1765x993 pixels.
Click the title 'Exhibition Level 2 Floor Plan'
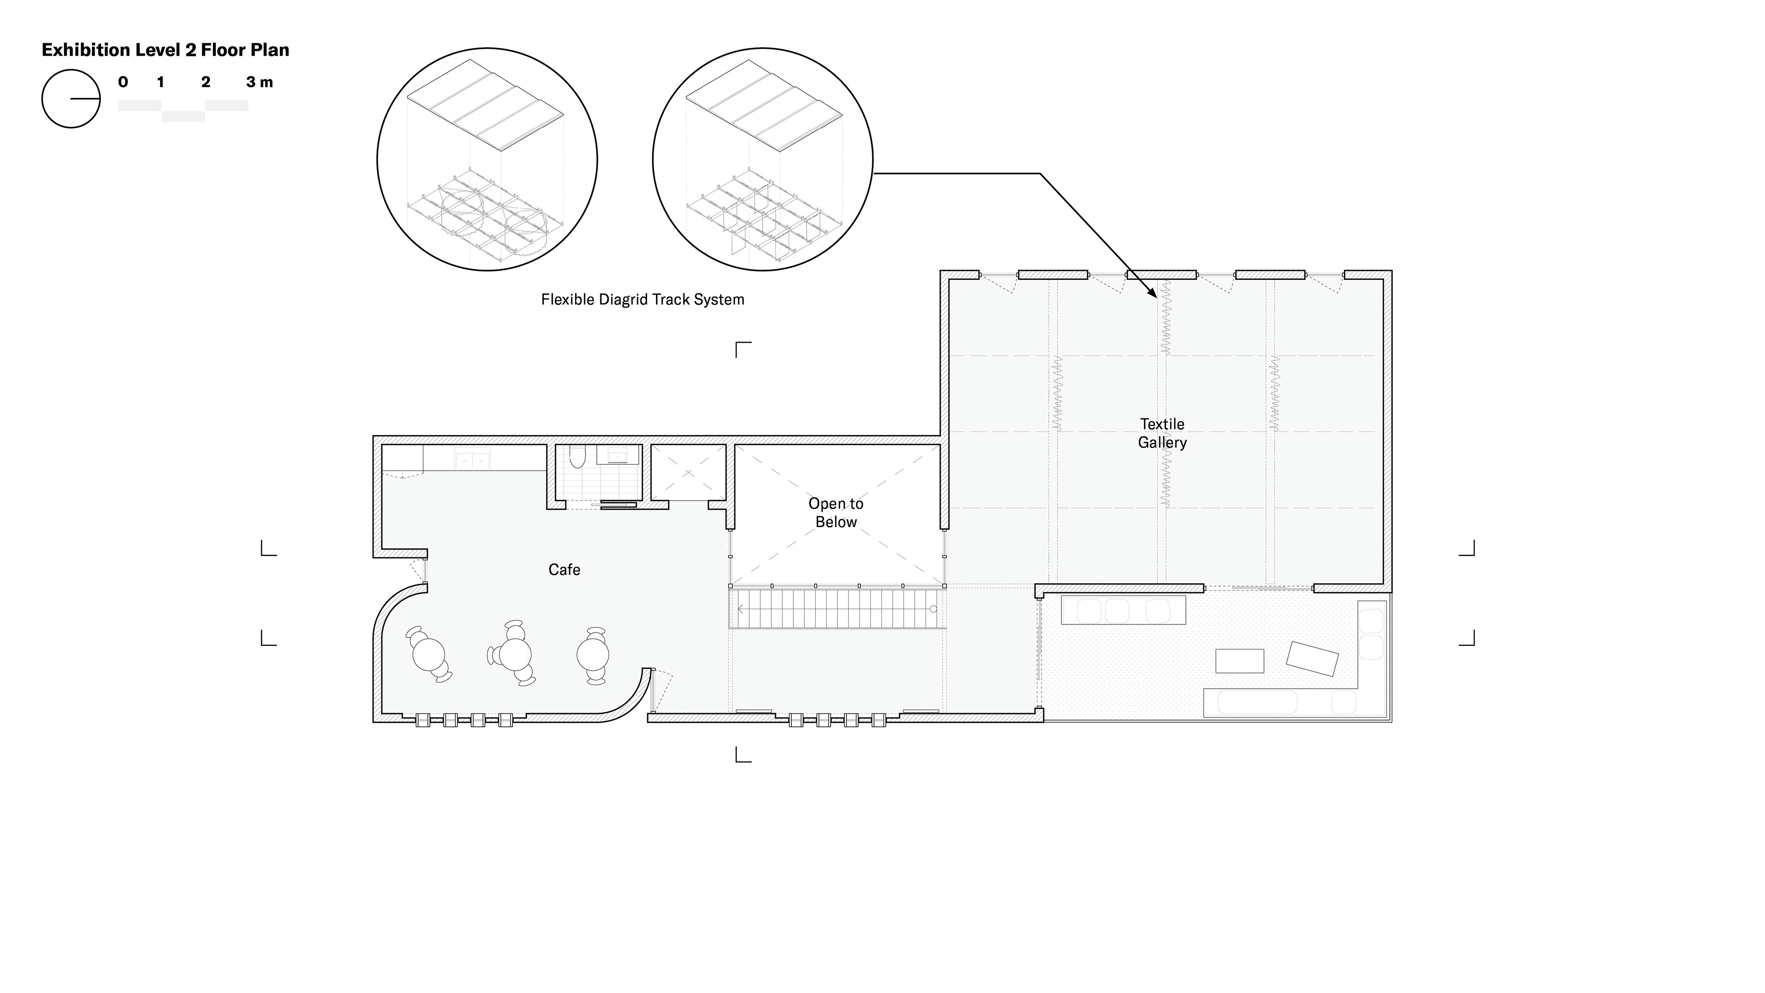click(x=165, y=50)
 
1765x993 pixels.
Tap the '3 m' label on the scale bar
click(x=260, y=82)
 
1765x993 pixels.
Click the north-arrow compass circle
click(x=71, y=99)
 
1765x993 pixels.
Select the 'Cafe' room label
click(x=564, y=570)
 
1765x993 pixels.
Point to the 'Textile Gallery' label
click(x=1162, y=433)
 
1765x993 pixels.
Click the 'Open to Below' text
click(x=836, y=513)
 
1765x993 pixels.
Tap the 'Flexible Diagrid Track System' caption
click(x=643, y=299)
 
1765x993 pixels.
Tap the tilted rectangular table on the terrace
click(x=1312, y=659)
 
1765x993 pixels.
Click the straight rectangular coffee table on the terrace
click(x=1240, y=661)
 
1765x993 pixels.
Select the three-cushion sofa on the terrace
click(x=1123, y=610)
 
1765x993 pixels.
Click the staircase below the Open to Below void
click(x=837, y=608)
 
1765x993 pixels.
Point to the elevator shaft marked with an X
click(x=688, y=472)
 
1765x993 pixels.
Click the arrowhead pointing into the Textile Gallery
click(x=1153, y=294)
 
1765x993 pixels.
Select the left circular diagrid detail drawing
click(x=487, y=159)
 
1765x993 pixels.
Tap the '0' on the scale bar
click(x=123, y=82)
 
